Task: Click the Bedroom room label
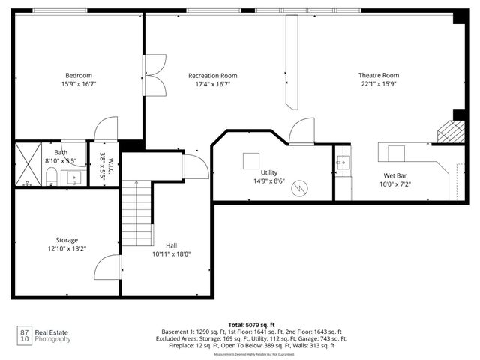78,75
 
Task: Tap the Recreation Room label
212,75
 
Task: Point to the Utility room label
269,172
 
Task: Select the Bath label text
60,152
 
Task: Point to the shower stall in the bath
28,164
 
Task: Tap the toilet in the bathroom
52,177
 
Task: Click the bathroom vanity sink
73,178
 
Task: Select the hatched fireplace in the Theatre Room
451,131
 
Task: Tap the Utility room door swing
302,131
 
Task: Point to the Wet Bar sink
343,163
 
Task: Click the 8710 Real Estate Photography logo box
25,335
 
